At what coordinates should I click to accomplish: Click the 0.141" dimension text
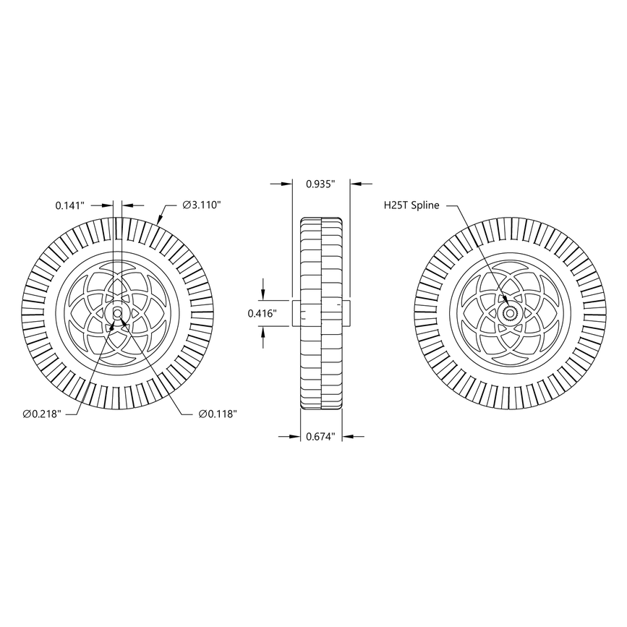[x=71, y=205]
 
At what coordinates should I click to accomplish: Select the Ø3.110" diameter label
[x=202, y=205]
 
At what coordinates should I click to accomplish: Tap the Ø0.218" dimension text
[x=41, y=414]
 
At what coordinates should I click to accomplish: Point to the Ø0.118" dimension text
[x=218, y=414]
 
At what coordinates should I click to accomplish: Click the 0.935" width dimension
[x=320, y=184]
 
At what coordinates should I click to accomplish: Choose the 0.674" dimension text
[x=320, y=436]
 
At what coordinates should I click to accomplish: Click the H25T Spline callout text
[x=411, y=205]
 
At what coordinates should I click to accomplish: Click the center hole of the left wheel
[x=117, y=313]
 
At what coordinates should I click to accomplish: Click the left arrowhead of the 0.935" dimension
[x=287, y=184]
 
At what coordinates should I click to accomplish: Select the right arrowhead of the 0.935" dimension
[x=355, y=184]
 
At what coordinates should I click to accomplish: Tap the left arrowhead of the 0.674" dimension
[x=295, y=436]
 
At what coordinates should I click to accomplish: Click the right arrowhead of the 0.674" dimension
[x=348, y=436]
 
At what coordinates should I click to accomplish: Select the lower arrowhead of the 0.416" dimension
[x=263, y=331]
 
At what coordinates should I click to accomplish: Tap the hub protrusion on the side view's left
[x=296, y=313]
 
